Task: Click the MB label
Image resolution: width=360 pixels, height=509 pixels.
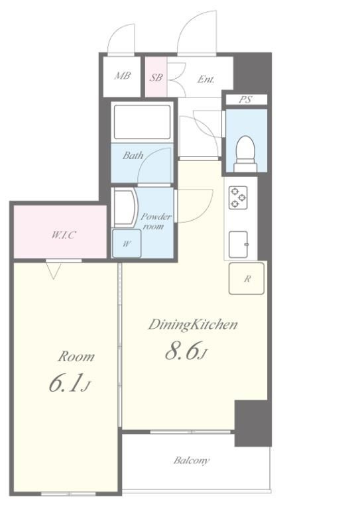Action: [x=122, y=76]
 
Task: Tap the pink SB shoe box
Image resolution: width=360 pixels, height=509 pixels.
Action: [x=156, y=77]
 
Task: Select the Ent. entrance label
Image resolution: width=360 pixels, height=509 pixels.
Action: [x=206, y=79]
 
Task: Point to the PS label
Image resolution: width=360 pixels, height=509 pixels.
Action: [x=245, y=99]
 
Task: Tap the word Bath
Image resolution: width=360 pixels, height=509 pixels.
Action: [x=133, y=156]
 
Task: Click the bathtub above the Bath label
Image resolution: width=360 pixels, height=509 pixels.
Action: [x=141, y=122]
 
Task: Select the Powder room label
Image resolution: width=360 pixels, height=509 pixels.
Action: [x=155, y=221]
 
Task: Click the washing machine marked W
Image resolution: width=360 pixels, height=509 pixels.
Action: [x=127, y=243]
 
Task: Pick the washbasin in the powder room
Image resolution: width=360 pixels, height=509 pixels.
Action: [x=125, y=207]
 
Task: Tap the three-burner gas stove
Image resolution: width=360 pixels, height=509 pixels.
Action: [x=238, y=198]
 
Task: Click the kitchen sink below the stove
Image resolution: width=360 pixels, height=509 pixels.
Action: [x=239, y=244]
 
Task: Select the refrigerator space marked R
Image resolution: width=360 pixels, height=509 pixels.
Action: [x=247, y=278]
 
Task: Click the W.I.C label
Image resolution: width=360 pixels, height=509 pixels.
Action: [x=64, y=235]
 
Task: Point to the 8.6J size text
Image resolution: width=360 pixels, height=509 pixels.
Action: [x=186, y=351]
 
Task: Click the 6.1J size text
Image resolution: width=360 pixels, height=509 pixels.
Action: [x=69, y=383]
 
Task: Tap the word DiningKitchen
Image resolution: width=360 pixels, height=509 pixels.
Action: [x=193, y=325]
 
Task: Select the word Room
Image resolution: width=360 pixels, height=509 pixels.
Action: [x=76, y=357]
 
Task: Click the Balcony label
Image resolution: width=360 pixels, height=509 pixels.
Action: [x=191, y=461]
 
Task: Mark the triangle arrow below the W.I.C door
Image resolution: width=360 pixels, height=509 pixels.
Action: [x=53, y=270]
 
